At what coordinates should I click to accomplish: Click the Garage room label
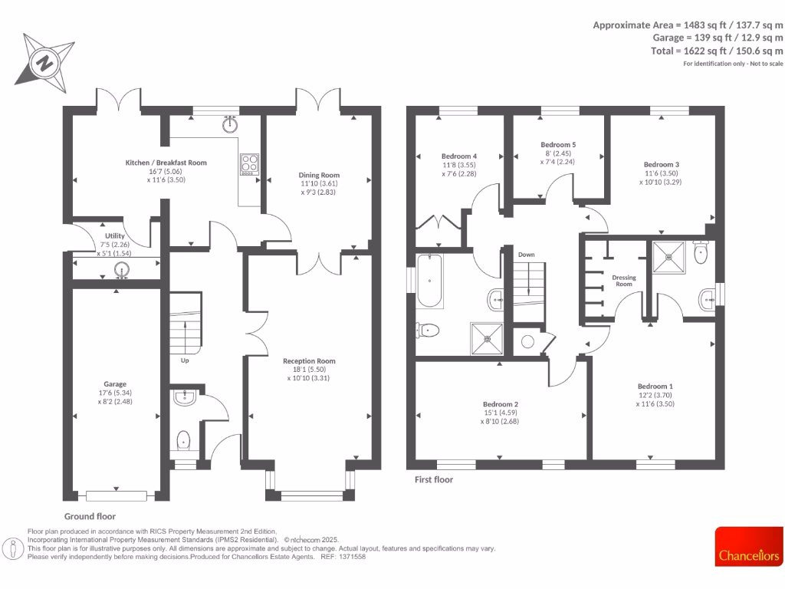(115, 383)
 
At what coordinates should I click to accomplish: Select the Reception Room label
(309, 360)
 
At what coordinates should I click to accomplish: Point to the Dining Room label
(318, 174)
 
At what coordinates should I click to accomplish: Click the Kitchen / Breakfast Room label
(166, 163)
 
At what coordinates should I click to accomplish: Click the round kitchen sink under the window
(229, 124)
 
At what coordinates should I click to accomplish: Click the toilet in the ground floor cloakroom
(184, 441)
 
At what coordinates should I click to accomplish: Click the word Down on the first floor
(526, 254)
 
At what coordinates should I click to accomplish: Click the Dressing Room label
(624, 280)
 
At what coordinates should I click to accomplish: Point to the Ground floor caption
(90, 516)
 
